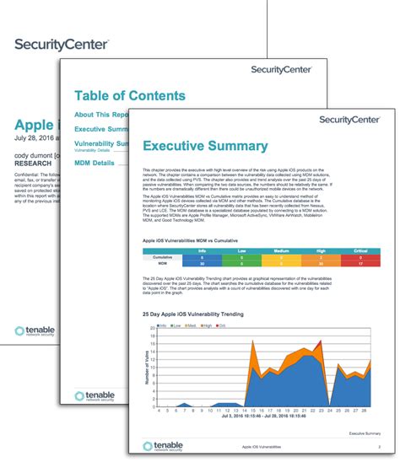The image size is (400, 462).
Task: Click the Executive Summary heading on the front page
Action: tap(204, 147)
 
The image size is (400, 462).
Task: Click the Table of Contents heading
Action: tap(130, 96)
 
